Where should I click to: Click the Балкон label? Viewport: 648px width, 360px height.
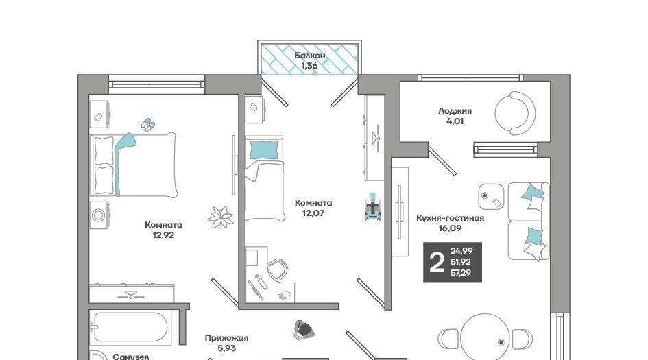tap(309, 56)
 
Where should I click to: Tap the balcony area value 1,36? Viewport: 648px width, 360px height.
tap(309, 66)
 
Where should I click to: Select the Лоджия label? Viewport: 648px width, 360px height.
tap(455, 111)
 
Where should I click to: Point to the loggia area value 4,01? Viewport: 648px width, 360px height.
tap(455, 121)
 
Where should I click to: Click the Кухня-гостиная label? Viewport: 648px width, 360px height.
tap(450, 218)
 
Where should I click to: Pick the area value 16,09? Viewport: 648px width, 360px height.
tap(450, 228)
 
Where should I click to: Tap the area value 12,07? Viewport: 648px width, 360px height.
tap(313, 213)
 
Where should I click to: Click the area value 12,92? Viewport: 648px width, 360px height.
tap(163, 235)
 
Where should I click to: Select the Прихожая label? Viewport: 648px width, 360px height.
tap(226, 338)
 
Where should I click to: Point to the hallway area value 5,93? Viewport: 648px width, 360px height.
tap(226, 348)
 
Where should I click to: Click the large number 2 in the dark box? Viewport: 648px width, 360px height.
tap(436, 262)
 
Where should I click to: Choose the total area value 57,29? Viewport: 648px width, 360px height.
tap(461, 273)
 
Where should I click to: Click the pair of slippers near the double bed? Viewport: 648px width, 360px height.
tap(148, 124)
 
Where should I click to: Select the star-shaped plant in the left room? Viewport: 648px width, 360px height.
tap(221, 217)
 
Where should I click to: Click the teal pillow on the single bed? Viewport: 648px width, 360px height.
tap(264, 149)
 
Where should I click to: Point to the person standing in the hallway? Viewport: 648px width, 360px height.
tap(303, 330)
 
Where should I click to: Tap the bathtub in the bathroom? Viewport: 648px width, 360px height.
tap(130, 328)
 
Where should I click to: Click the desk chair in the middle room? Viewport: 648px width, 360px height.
tap(277, 269)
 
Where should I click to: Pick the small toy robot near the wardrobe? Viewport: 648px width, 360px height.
tap(373, 206)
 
